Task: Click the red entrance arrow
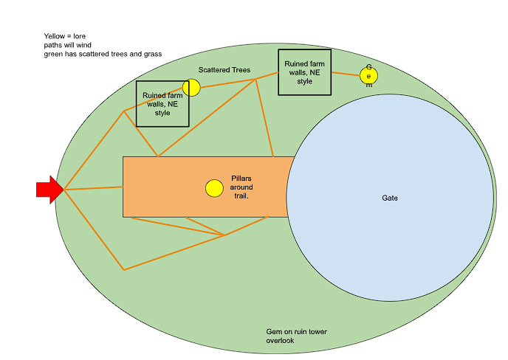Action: click(x=48, y=190)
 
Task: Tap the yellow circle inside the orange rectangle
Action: click(x=214, y=188)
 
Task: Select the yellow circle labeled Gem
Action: click(x=368, y=75)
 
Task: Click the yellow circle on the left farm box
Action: click(x=191, y=88)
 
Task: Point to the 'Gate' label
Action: click(x=390, y=198)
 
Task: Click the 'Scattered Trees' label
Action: click(x=224, y=70)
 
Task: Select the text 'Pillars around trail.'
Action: click(x=241, y=187)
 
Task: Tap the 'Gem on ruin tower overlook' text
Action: click(x=296, y=336)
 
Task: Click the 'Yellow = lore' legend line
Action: click(x=64, y=36)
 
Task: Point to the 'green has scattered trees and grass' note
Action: click(x=102, y=54)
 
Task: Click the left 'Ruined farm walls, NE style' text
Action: click(x=162, y=104)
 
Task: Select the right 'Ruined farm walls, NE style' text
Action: click(x=304, y=72)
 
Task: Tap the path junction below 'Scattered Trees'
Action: click(x=255, y=79)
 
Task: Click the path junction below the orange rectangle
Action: click(x=224, y=235)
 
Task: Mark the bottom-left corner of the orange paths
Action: click(x=123, y=269)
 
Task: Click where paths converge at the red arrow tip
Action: click(x=65, y=190)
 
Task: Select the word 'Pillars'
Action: click(x=241, y=179)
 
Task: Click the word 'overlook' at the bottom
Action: click(x=281, y=341)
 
